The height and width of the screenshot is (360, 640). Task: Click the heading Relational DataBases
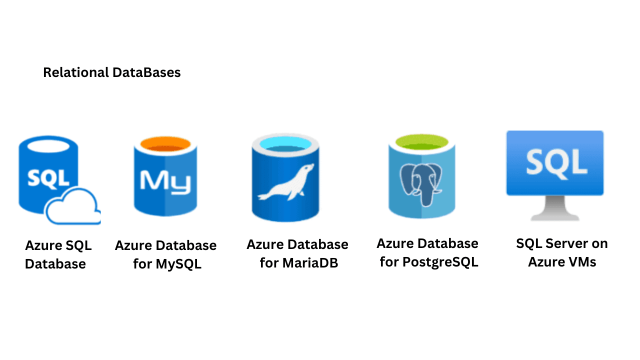(111, 72)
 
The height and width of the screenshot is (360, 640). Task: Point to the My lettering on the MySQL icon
(165, 181)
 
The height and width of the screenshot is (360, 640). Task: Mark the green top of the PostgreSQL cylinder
(421, 143)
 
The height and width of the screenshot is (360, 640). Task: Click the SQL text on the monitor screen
(555, 162)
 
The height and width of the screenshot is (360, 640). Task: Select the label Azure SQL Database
(58, 254)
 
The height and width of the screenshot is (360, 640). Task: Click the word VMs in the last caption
(580, 261)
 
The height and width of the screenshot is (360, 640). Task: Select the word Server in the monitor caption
(565, 243)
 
